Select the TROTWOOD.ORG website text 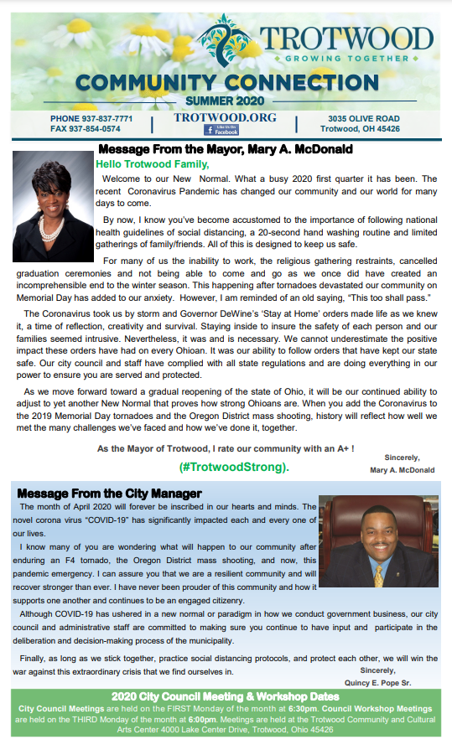[x=225, y=118]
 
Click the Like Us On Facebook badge [x=222, y=130]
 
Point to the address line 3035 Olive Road [x=364, y=119]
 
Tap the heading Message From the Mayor [x=225, y=149]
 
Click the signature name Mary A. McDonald [x=403, y=470]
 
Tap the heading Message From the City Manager [x=109, y=493]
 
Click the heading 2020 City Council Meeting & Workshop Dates [x=226, y=697]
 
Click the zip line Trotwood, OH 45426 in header [x=364, y=129]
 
